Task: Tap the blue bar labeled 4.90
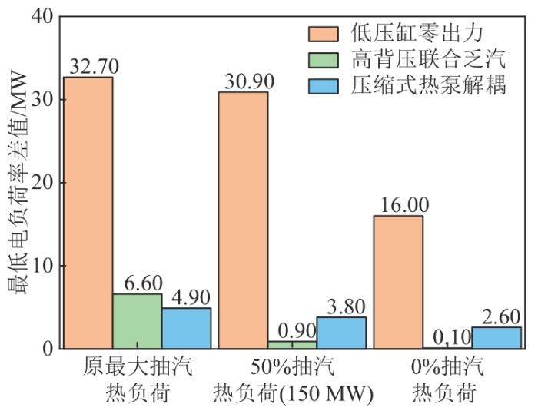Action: pyautogui.click(x=186, y=328)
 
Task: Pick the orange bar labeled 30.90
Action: pyautogui.click(x=243, y=220)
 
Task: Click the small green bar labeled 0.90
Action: pyautogui.click(x=292, y=345)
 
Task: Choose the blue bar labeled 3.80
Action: pyautogui.click(x=341, y=333)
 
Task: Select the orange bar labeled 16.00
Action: pyautogui.click(x=398, y=282)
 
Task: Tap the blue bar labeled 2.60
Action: pyautogui.click(x=496, y=338)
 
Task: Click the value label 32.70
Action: pyautogui.click(x=91, y=66)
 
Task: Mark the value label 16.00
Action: pyautogui.click(x=397, y=205)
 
